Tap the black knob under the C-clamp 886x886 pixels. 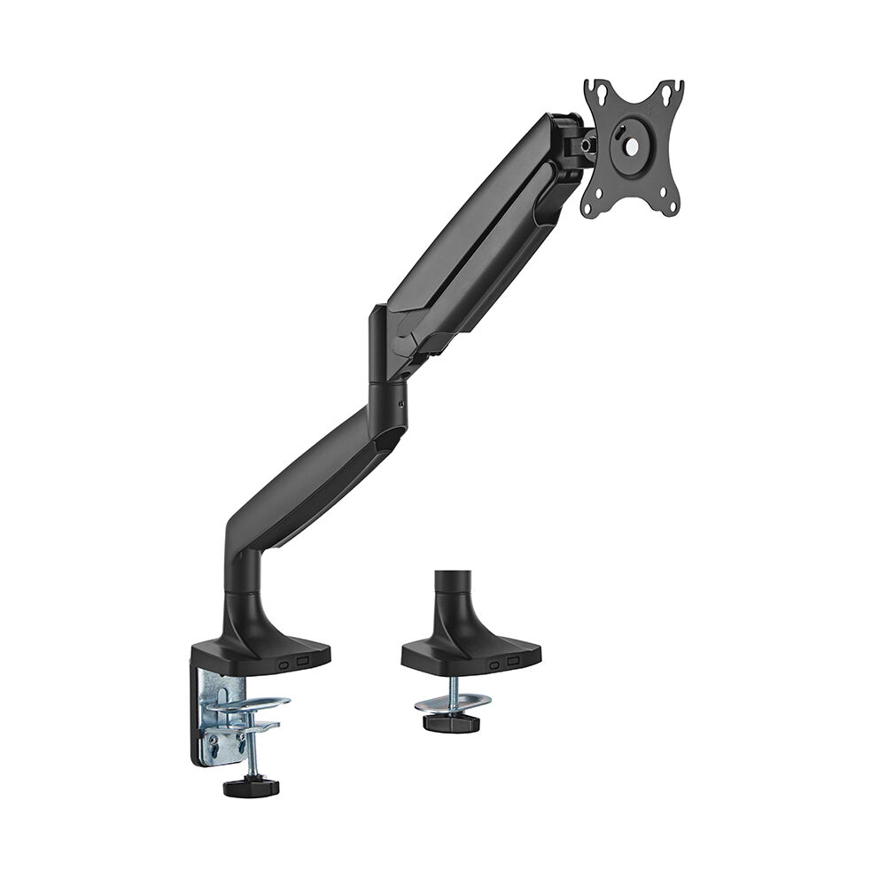point(251,786)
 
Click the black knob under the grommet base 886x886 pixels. point(451,721)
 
